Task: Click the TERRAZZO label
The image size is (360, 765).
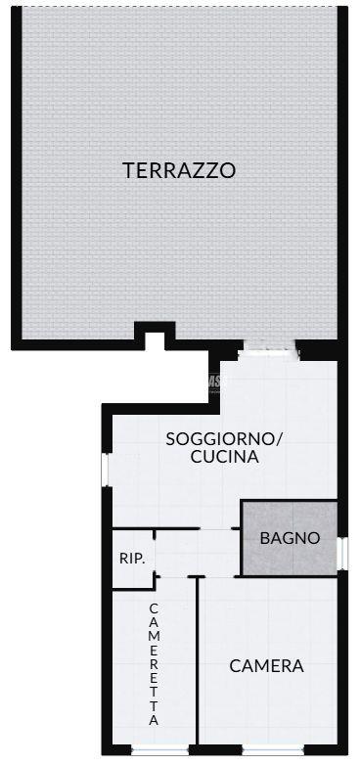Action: (179, 170)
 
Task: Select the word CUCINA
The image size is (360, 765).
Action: (224, 457)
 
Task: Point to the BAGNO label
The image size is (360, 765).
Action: (290, 538)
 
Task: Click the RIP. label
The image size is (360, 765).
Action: (132, 559)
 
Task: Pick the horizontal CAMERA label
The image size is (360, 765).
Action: (266, 666)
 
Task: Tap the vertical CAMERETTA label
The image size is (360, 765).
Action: (154, 664)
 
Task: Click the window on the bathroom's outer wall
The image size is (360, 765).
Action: (343, 554)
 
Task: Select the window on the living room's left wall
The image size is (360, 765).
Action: (106, 470)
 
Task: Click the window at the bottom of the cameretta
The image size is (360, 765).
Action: (160, 750)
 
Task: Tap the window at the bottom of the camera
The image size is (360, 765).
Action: (273, 750)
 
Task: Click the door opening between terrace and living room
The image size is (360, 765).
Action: (270, 350)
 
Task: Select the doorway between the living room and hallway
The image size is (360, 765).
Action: (215, 528)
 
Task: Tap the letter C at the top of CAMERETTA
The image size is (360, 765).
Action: (154, 608)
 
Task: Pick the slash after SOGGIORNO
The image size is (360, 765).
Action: (279, 439)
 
